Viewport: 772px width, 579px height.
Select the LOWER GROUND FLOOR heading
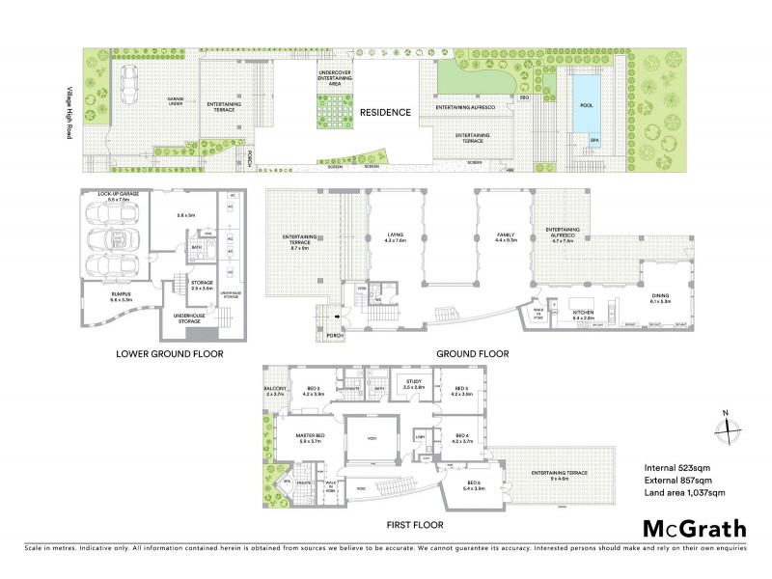pos(169,354)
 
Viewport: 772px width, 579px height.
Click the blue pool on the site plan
pos(584,99)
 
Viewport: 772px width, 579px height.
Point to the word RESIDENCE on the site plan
pos(386,113)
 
